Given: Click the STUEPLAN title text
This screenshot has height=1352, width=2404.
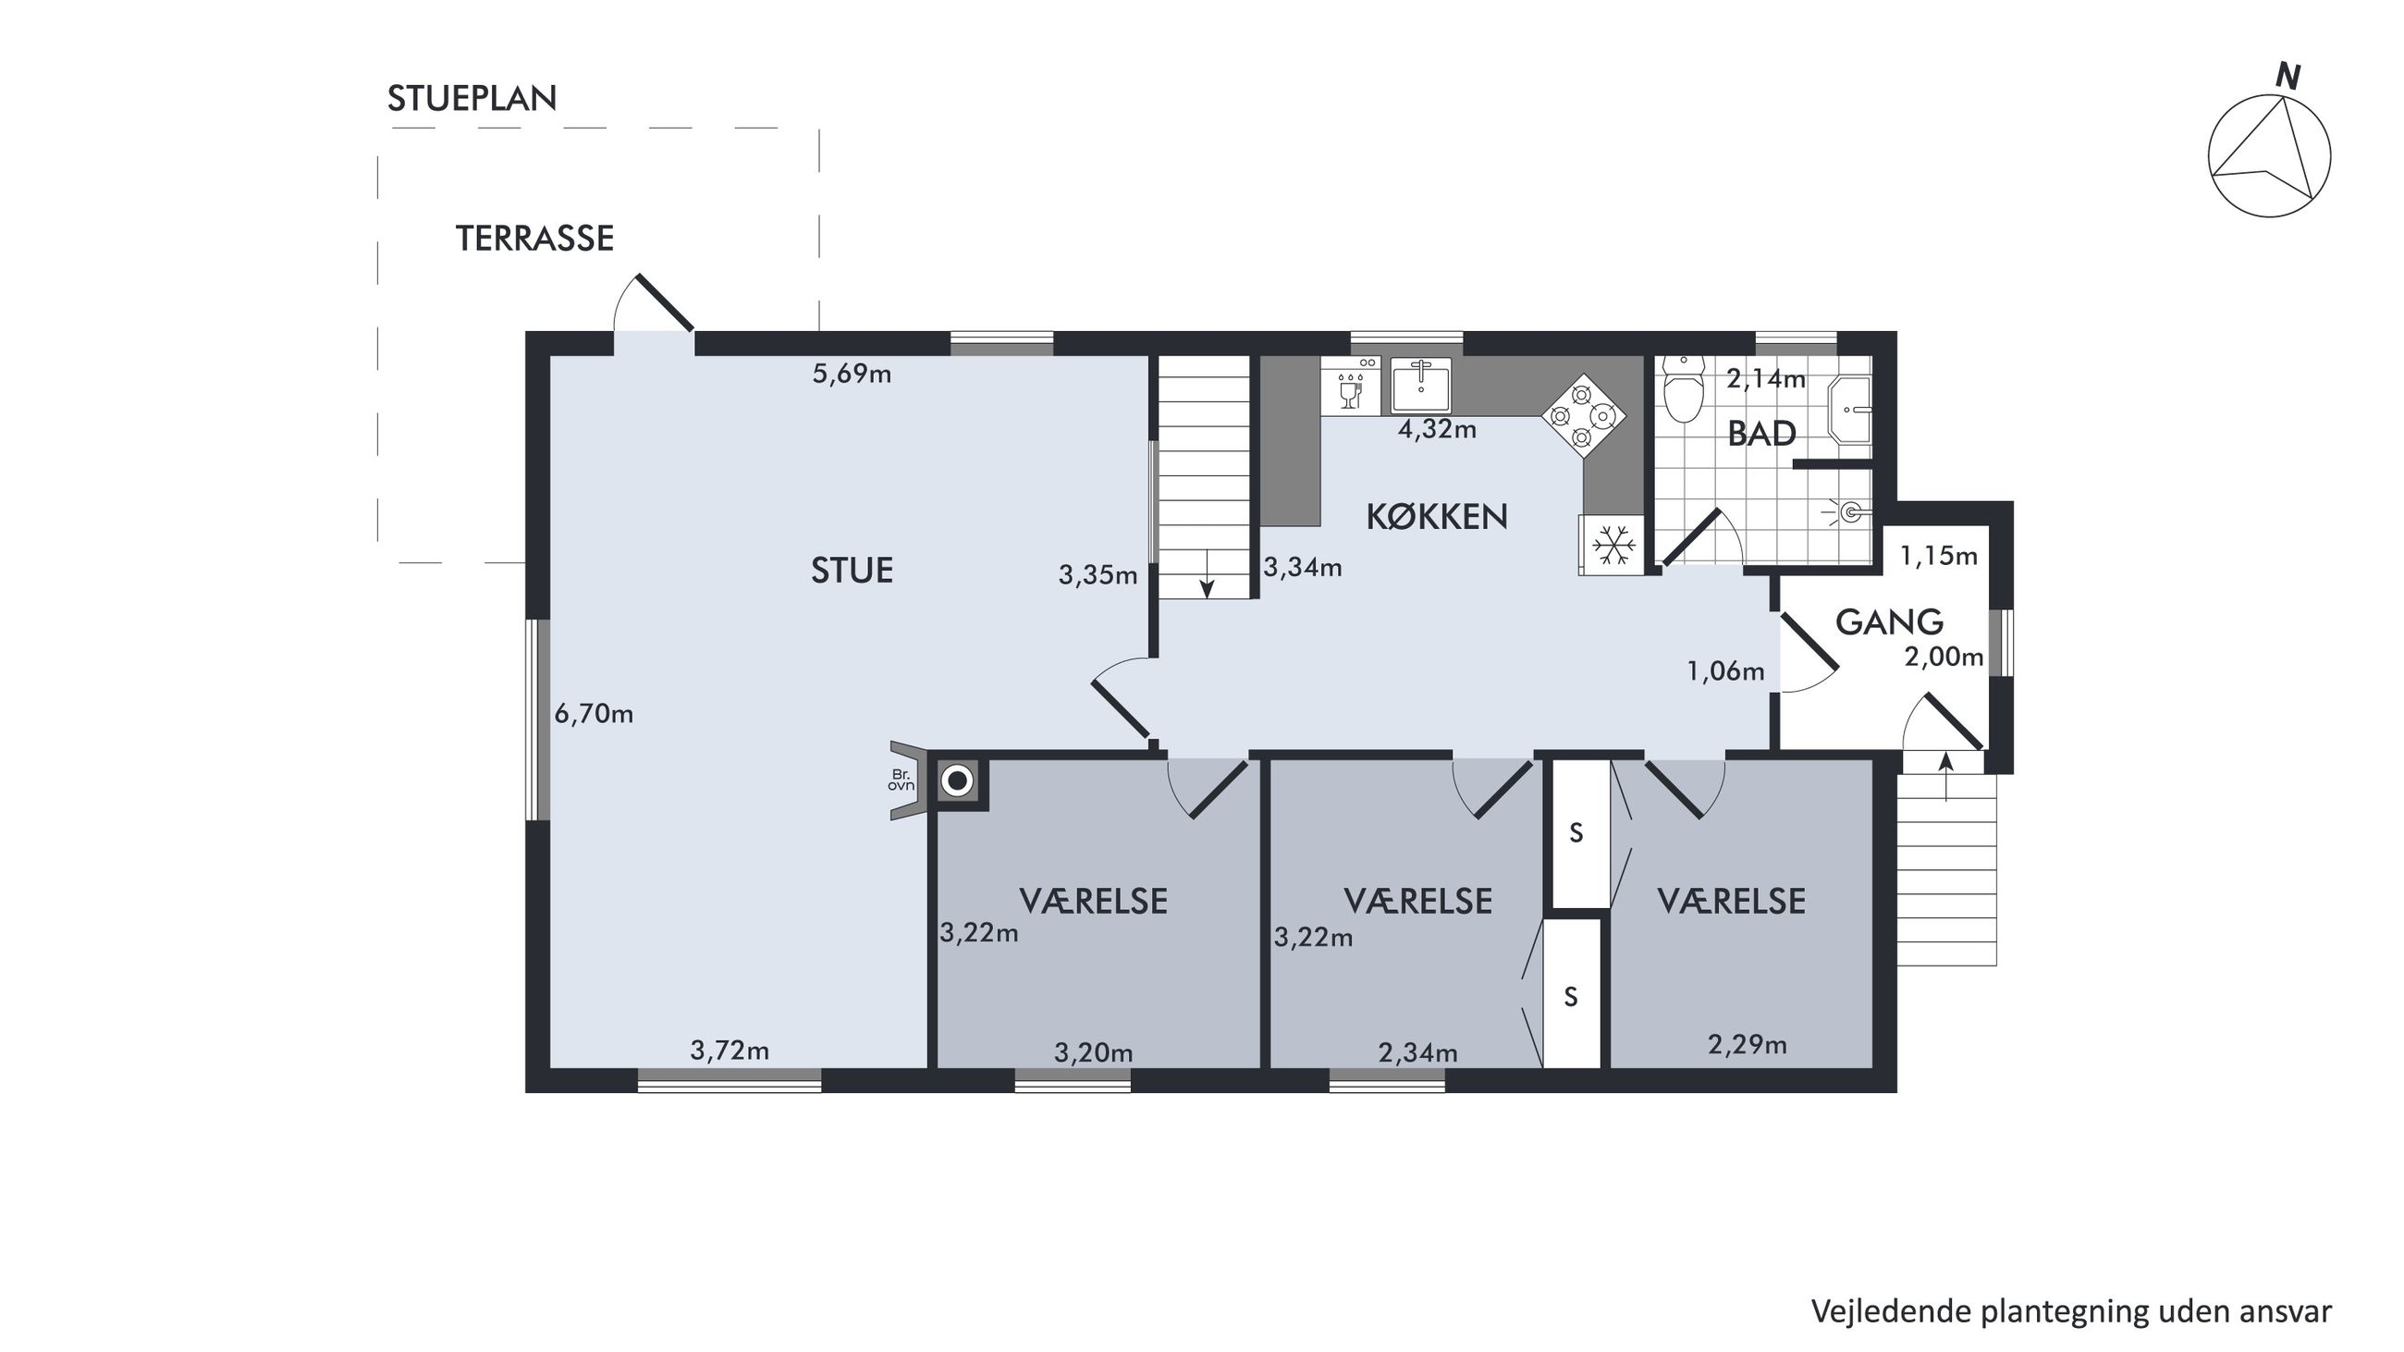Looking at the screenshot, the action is tap(472, 98).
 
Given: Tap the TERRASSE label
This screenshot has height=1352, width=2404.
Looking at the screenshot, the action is tap(534, 239).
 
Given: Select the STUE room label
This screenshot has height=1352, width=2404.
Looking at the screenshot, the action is tap(852, 570).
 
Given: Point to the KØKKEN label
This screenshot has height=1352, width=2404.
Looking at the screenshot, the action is tap(1437, 517).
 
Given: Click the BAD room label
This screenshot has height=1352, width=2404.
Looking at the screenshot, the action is tap(1762, 434).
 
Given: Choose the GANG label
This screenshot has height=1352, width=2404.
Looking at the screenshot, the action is tap(1890, 622).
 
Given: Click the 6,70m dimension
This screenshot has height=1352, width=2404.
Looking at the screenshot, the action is tap(594, 715).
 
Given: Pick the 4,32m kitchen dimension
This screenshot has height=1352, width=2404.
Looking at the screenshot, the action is tap(1437, 429).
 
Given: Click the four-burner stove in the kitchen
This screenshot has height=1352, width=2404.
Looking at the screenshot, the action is tap(1583, 415).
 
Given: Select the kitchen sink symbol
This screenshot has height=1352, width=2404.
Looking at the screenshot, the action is tap(1421, 385).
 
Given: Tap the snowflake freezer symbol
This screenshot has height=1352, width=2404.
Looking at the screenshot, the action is tap(1612, 545).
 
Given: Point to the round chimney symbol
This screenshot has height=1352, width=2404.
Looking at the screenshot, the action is tap(957, 780).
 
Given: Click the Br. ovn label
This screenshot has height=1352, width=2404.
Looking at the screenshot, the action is tap(901, 780).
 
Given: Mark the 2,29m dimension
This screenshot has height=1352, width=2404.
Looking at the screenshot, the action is tap(1747, 1045).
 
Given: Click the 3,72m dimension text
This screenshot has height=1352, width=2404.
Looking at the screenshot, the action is tap(730, 1051).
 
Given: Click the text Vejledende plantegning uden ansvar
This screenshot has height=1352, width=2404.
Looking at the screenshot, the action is tap(2071, 1312).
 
